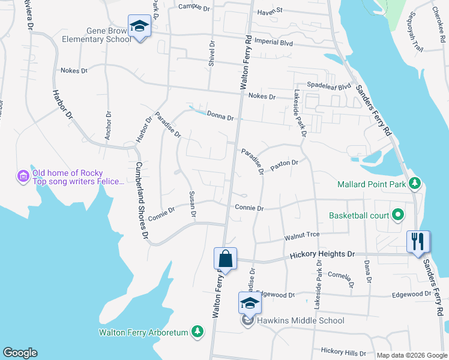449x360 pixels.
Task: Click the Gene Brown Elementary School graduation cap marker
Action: coord(139,27)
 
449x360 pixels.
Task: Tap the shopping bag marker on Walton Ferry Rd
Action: coord(226,259)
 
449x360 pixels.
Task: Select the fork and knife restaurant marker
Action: coord(418,242)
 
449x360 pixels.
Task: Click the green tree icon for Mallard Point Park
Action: coord(414,183)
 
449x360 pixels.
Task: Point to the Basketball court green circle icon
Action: coord(397,214)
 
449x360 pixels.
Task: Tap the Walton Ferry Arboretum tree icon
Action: coord(197,331)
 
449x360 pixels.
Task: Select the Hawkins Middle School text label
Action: coord(301,320)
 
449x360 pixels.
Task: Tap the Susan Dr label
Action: coord(192,203)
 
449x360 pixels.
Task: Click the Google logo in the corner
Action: coord(20,353)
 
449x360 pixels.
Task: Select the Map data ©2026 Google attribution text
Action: coord(411,355)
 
